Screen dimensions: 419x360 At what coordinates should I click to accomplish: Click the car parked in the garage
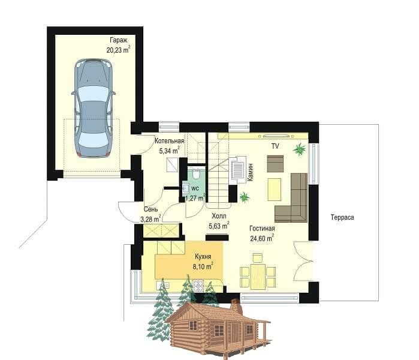coord(94,108)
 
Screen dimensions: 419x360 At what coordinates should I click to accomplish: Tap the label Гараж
coord(118,40)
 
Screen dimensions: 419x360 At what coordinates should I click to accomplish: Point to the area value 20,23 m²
coord(118,50)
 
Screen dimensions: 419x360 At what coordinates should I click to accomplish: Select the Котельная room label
coord(170,141)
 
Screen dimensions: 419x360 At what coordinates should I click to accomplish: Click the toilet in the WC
coord(197,174)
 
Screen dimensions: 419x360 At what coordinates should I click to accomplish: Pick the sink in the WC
coord(185,188)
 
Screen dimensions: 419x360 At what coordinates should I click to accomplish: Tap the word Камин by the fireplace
coord(251,172)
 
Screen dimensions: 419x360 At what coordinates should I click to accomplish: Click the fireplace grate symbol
coord(237,170)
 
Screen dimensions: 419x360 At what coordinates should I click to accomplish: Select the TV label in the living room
coord(275,146)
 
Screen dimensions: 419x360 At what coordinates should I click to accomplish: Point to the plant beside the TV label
coord(300,149)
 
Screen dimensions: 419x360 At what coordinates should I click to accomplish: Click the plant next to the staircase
coord(244,197)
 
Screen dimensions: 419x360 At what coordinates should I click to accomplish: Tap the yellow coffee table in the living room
coord(274,190)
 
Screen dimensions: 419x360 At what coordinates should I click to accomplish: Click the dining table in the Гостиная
coord(258,277)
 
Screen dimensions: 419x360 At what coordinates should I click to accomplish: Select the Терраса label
coord(342,217)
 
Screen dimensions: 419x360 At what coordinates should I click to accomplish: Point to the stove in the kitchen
coord(198,286)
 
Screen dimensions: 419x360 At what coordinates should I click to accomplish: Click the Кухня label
coord(203,256)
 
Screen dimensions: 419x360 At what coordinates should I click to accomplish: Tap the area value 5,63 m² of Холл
coord(219,226)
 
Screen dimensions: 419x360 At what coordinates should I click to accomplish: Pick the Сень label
coord(150,209)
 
